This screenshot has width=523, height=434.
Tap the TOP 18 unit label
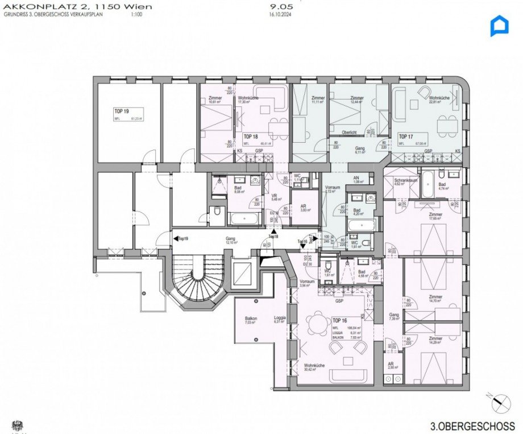[x=251, y=137]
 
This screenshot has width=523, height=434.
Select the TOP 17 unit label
[x=405, y=137]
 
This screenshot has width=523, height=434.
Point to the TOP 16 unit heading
[x=340, y=321]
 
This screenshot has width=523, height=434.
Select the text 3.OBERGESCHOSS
[x=473, y=425]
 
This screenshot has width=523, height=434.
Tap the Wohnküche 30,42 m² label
[x=314, y=367]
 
